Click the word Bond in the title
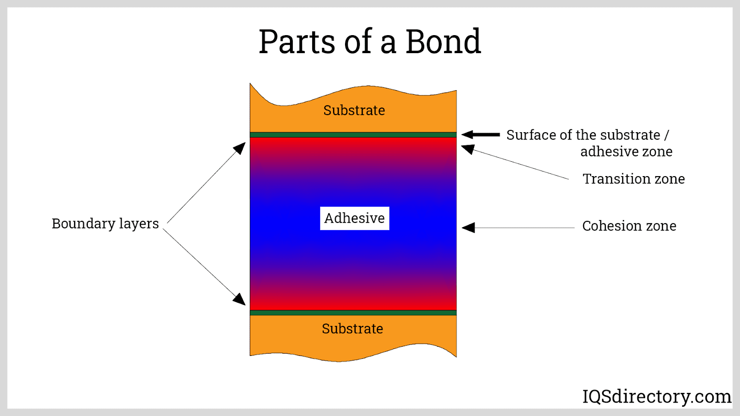443,42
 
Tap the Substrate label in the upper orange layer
354,110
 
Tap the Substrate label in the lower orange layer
352,329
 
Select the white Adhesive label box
354,218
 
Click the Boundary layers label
105,224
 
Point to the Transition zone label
634,179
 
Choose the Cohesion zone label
629,226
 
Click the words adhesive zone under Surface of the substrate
626,152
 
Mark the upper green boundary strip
353,135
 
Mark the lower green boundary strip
353,313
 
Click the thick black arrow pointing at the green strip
481,135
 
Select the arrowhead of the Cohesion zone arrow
468,227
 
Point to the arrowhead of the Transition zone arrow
468,149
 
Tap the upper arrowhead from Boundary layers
240,148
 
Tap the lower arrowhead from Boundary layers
239,299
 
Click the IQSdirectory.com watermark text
656,397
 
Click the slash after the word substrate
666,135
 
